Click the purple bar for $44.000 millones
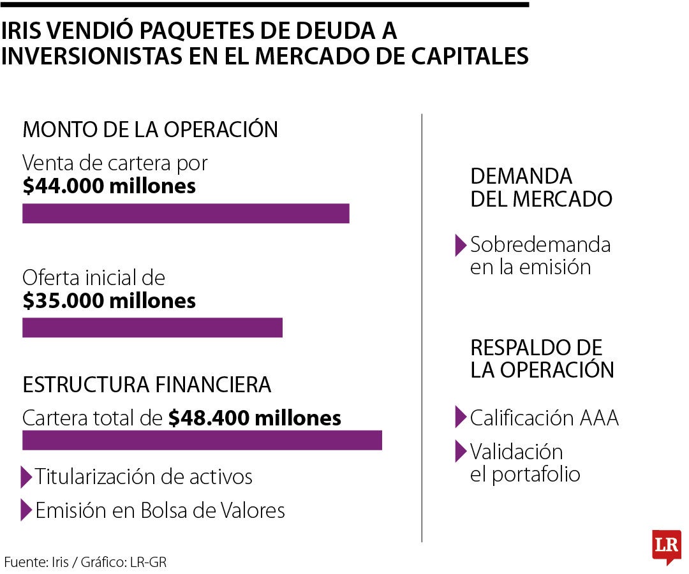[x=186, y=214]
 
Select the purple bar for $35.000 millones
[x=152, y=328]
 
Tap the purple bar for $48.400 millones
[x=202, y=441]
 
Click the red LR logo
[x=666, y=547]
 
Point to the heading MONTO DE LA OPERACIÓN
[x=150, y=130]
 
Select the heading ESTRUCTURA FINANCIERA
[x=147, y=385]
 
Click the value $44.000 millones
[x=109, y=187]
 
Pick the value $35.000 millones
[x=109, y=301]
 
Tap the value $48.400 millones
[x=255, y=418]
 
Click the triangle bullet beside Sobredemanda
[x=460, y=246]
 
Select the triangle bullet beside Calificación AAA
[x=460, y=417]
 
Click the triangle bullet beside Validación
[x=460, y=452]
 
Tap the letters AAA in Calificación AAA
[x=599, y=418]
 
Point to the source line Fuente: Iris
[x=86, y=562]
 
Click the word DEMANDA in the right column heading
[x=521, y=176]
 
